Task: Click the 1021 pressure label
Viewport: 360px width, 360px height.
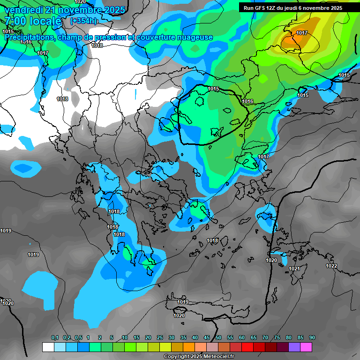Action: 294,269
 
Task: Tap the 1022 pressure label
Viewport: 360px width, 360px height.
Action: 331,266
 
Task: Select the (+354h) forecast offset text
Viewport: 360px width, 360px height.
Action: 84,21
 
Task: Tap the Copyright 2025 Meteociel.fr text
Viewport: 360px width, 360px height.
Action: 199,356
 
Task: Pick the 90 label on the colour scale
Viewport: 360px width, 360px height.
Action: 312,337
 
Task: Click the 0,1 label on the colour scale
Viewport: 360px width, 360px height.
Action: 55,337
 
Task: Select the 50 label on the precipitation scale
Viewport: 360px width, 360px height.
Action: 218,337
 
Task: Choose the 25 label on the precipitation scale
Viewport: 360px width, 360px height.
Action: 160,337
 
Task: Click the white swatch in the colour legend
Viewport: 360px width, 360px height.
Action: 48,347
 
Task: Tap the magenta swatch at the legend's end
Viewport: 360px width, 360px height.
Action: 306,347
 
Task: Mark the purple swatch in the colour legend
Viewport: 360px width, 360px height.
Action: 294,347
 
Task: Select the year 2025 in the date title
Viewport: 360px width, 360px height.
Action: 112,10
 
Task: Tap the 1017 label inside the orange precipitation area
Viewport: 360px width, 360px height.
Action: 301,33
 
